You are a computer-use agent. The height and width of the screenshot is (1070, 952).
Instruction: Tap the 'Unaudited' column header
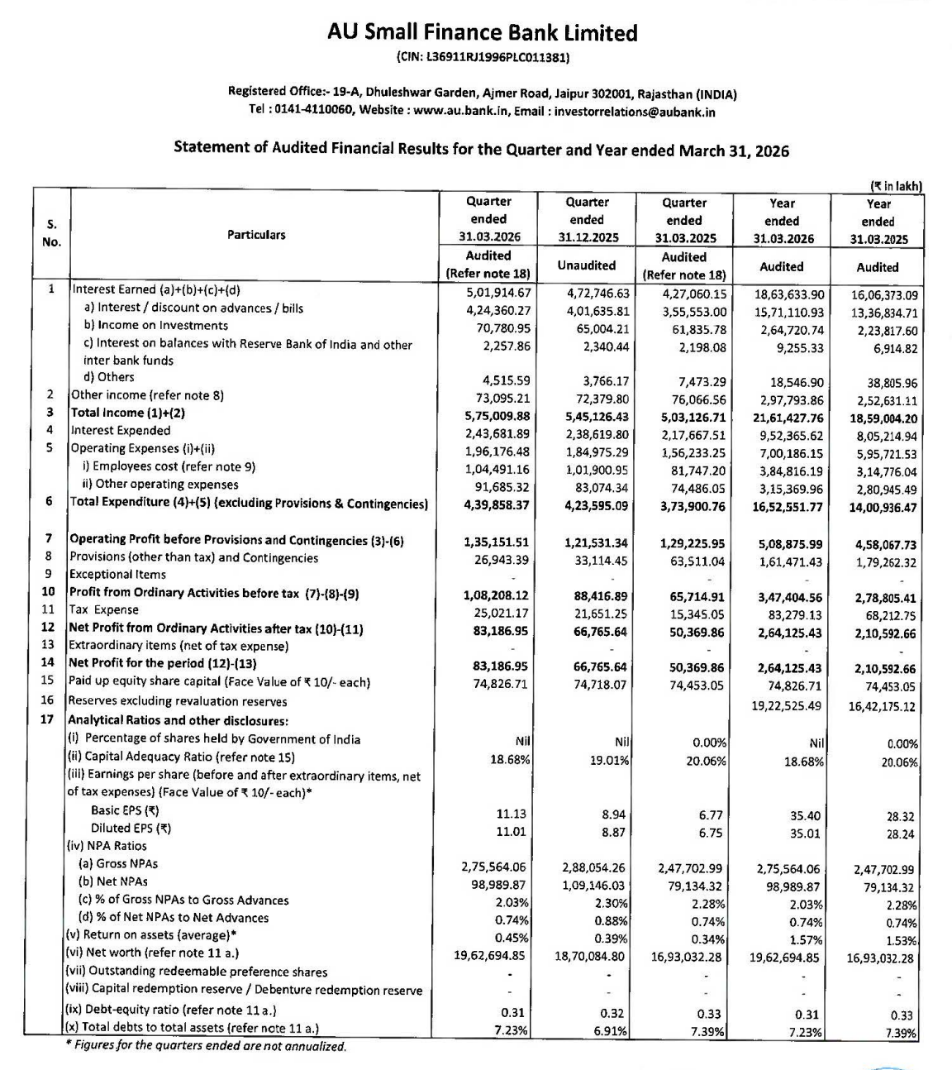pos(586,265)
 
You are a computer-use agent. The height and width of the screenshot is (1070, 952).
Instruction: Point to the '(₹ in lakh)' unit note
pos(896,186)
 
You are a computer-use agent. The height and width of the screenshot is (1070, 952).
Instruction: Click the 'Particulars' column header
pos(256,235)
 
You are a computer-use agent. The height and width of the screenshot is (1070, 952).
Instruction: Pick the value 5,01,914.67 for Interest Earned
pos(497,292)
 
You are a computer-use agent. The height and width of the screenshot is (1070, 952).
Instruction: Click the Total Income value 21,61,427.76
pos(788,418)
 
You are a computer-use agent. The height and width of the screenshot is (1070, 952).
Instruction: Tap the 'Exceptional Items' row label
pos(117,574)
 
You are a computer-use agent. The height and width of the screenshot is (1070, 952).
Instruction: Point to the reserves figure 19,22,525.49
pos(788,705)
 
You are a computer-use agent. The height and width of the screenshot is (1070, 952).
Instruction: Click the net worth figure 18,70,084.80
pos(589,956)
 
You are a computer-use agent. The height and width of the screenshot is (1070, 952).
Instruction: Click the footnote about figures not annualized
pos(206,1046)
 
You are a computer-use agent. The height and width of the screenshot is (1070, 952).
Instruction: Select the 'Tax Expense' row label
pos(104,609)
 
